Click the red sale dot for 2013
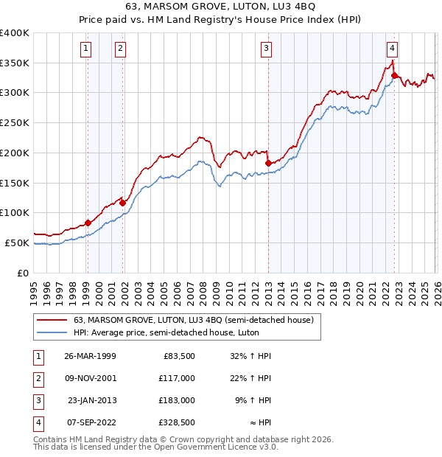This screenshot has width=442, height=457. tap(268, 163)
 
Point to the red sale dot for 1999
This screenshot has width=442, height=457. tap(88, 223)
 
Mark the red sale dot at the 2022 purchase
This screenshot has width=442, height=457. tap(394, 75)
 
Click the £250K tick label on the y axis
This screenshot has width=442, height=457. tap(14, 122)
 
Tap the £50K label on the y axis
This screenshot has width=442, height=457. tap(17, 243)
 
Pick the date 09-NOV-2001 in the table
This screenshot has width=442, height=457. tap(90, 377)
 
